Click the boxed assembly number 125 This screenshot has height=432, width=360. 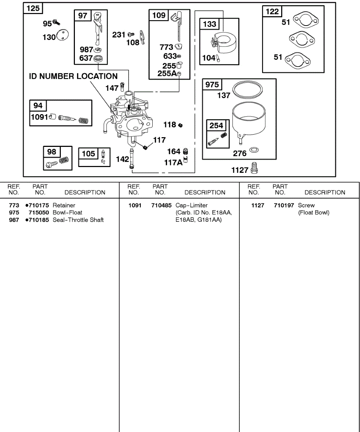[33, 8]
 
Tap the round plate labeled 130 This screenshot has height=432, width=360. [63, 36]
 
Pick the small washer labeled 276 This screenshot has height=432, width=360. [254, 149]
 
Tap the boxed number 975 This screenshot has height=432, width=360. [212, 85]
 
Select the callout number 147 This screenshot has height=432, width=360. [112, 88]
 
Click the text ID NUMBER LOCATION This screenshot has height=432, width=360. [73, 76]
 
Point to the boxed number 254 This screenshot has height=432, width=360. [216, 126]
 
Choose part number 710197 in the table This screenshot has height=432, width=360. [284, 206]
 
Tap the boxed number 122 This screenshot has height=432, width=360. [272, 12]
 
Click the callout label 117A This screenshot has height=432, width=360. [173, 162]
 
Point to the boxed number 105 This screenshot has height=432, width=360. [88, 154]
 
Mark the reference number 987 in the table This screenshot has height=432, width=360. [14, 220]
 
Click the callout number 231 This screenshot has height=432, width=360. [118, 35]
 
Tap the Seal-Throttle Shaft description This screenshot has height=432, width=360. [78, 220]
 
